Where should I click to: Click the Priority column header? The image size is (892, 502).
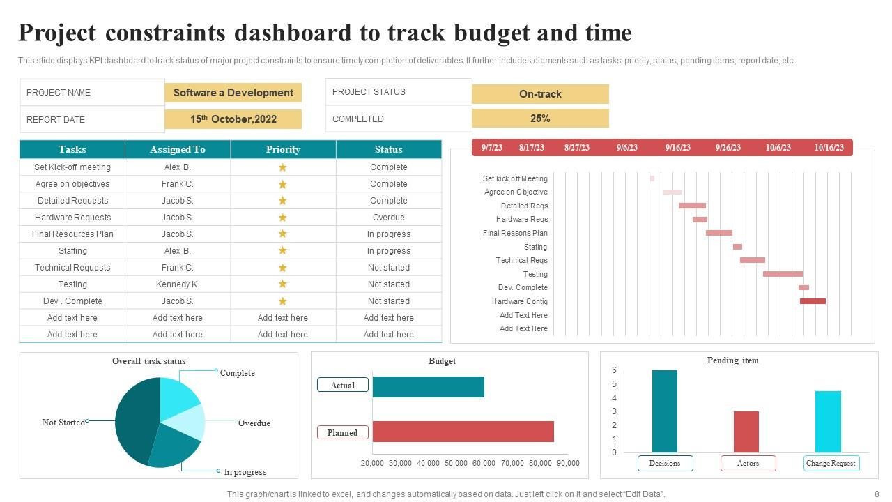(283, 149)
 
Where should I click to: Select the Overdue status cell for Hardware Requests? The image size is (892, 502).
(388, 218)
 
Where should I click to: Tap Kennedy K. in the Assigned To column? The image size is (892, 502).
(177, 284)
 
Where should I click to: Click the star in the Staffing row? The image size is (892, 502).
(283, 251)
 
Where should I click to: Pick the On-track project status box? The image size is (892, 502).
(540, 94)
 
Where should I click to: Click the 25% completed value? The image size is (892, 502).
(540, 119)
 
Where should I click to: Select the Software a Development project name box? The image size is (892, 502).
(233, 93)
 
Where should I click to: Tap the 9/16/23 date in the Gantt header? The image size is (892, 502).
(677, 148)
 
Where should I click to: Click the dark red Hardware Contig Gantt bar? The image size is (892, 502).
(813, 301)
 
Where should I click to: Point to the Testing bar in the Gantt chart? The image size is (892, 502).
(783, 274)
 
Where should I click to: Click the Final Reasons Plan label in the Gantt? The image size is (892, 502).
(515, 233)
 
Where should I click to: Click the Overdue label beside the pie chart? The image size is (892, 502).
(254, 423)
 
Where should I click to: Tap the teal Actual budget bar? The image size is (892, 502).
(428, 387)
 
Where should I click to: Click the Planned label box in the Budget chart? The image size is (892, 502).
(342, 433)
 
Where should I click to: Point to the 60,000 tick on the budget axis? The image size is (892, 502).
(484, 463)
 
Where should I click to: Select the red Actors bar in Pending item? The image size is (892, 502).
(746, 432)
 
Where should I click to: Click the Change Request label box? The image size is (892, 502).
(831, 463)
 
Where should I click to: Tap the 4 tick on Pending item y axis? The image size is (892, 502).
(614, 398)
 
